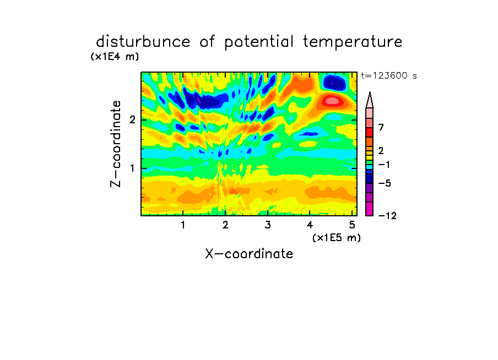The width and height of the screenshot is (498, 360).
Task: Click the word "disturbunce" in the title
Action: pyautogui.click(x=143, y=42)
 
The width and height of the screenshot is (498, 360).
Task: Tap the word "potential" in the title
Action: pyautogui.click(x=259, y=42)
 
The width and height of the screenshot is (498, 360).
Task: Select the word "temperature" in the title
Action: pyautogui.click(x=353, y=42)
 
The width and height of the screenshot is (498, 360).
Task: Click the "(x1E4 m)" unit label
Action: pyautogui.click(x=115, y=57)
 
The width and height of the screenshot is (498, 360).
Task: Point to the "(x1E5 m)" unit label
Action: pyautogui.click(x=337, y=237)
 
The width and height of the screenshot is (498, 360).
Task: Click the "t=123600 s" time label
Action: pyautogui.click(x=389, y=75)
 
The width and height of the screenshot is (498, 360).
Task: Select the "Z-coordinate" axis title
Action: pyautogui.click(x=116, y=144)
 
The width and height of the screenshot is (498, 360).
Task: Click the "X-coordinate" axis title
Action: pyautogui.click(x=249, y=254)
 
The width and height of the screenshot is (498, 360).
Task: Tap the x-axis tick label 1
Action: pyautogui.click(x=183, y=225)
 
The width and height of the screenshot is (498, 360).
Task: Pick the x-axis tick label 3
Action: pyautogui.click(x=268, y=225)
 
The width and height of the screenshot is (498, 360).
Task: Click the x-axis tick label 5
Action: pyautogui.click(x=352, y=225)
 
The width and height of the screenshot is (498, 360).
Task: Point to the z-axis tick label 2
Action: pyautogui.click(x=132, y=120)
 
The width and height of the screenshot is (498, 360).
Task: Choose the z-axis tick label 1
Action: pyautogui.click(x=132, y=168)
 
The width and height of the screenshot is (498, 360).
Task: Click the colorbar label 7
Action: pyautogui.click(x=381, y=127)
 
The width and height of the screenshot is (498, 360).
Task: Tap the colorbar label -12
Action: pyautogui.click(x=387, y=216)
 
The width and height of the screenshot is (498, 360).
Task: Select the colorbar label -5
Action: pyautogui.click(x=385, y=183)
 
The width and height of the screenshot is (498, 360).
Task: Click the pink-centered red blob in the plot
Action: pyautogui.click(x=332, y=101)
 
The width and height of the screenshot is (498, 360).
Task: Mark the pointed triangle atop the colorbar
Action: pyautogui.click(x=370, y=100)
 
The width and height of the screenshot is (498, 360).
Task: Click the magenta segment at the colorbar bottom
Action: pyautogui.click(x=370, y=209)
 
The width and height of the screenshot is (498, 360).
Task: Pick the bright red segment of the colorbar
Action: pyautogui.click(x=370, y=132)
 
